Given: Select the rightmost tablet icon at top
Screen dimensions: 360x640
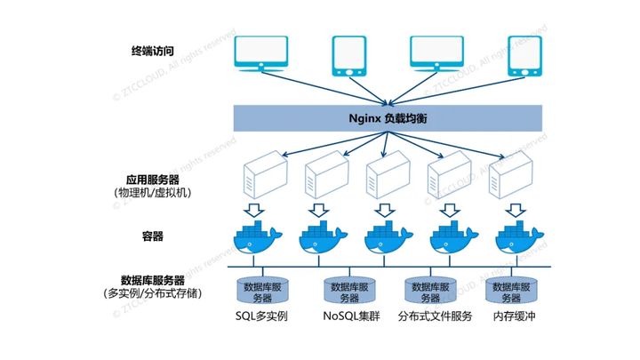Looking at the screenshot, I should coord(524,55).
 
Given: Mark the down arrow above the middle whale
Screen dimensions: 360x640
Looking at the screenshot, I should coord(385,210).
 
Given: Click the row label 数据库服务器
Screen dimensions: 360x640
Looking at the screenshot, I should coord(152,280).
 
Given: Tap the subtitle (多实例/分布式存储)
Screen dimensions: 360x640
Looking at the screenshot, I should coord(152,294).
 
